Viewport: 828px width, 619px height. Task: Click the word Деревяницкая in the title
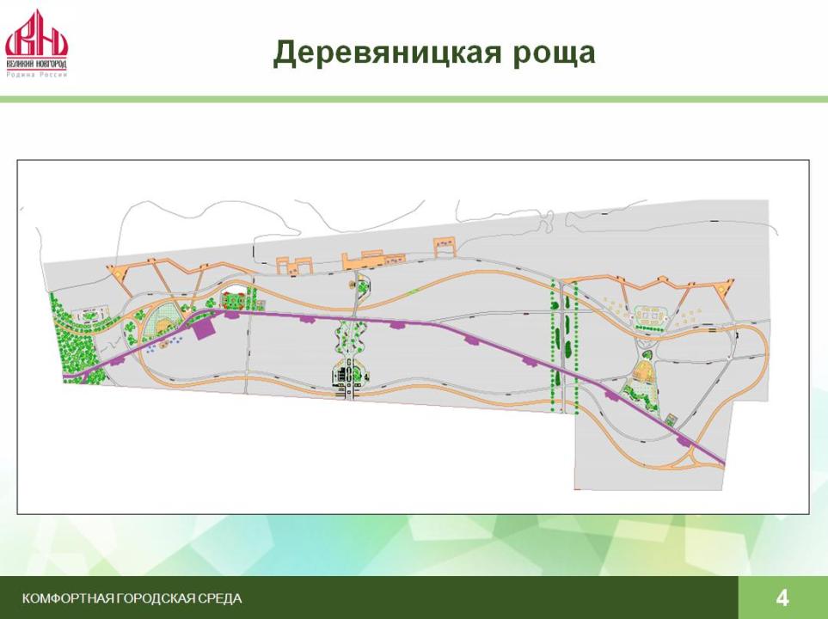(387, 52)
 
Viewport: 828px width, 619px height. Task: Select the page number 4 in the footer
(782, 598)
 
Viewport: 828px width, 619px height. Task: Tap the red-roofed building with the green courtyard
(232, 299)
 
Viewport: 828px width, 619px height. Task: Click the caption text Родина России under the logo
(37, 75)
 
